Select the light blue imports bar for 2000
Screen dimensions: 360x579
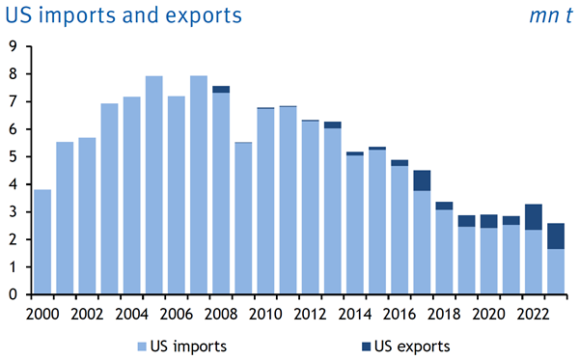42,242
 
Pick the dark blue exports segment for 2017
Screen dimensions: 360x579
422,180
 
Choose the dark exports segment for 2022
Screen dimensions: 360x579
534,217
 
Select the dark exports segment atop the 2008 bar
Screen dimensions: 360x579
221,90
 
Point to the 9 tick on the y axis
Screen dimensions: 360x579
14,45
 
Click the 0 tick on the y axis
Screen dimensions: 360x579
14,294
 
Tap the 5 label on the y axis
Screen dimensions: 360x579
14,156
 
